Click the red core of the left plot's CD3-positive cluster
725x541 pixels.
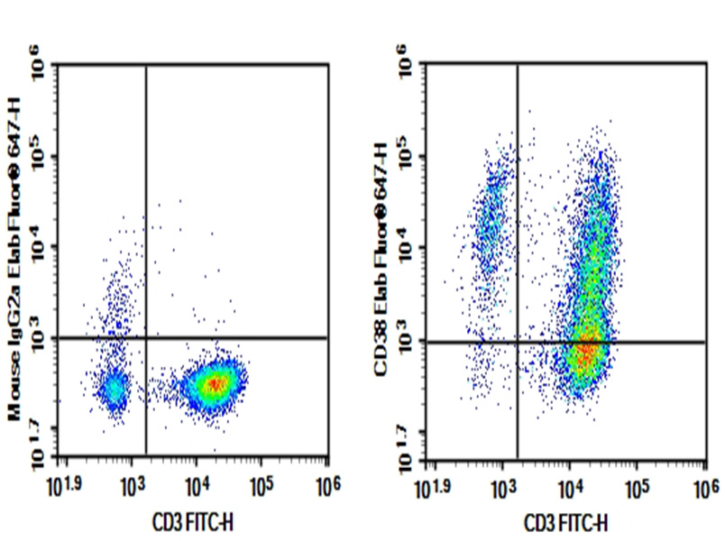215,383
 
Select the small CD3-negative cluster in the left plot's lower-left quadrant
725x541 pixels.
114,390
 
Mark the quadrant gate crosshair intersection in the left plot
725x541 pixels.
145,338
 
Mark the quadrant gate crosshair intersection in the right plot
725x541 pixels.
517,342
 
